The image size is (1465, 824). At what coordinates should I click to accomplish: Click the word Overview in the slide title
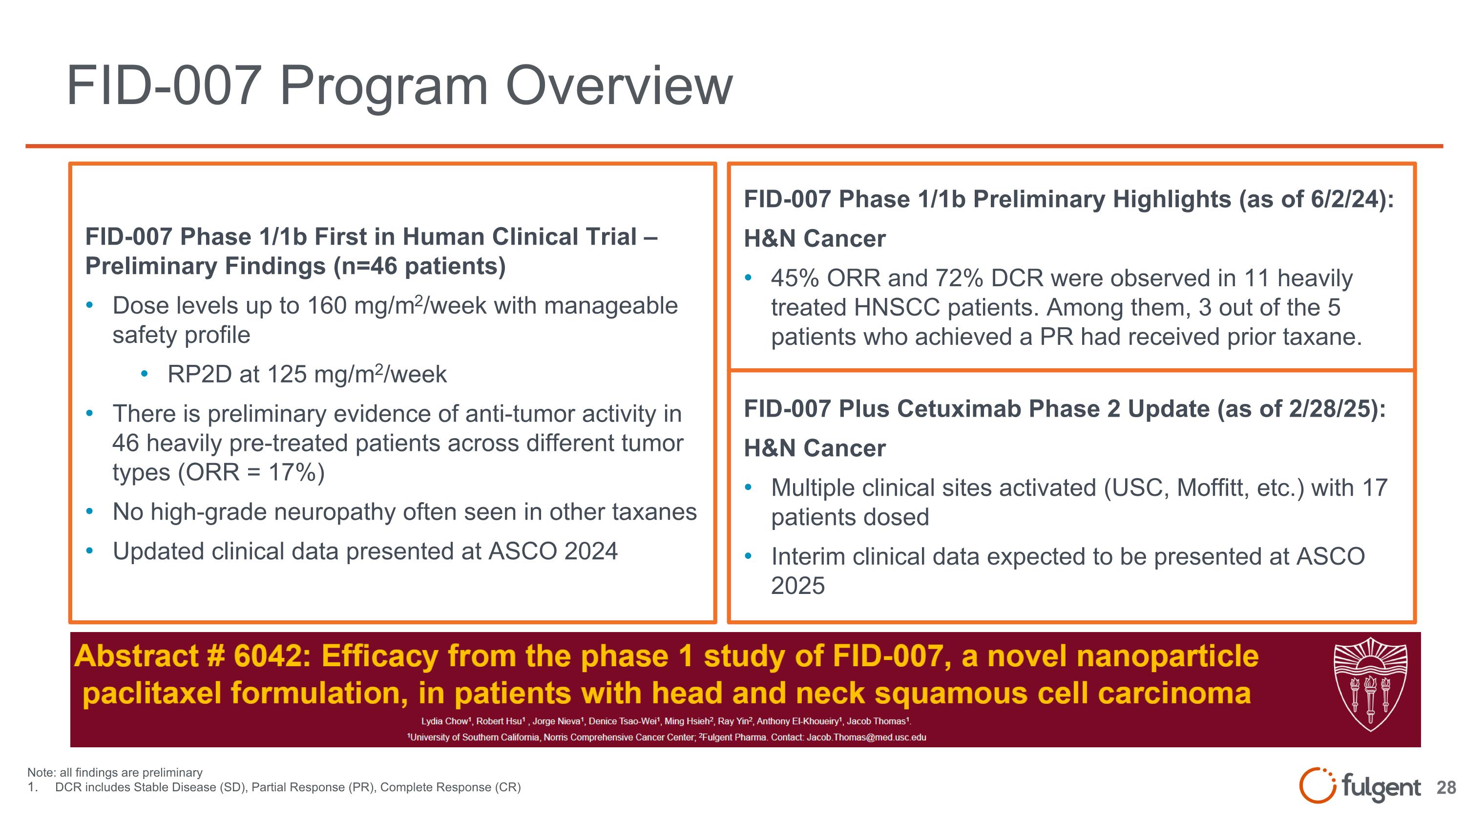(x=619, y=85)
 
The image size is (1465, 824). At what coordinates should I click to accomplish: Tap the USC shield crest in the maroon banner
(x=1370, y=684)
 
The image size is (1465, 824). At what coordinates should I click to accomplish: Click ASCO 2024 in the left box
(x=552, y=551)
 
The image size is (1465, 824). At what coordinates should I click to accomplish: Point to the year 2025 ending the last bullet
(x=797, y=586)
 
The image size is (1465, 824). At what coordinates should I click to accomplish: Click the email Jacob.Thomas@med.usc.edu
(x=866, y=737)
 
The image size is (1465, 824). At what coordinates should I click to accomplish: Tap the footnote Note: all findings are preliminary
(x=115, y=772)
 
